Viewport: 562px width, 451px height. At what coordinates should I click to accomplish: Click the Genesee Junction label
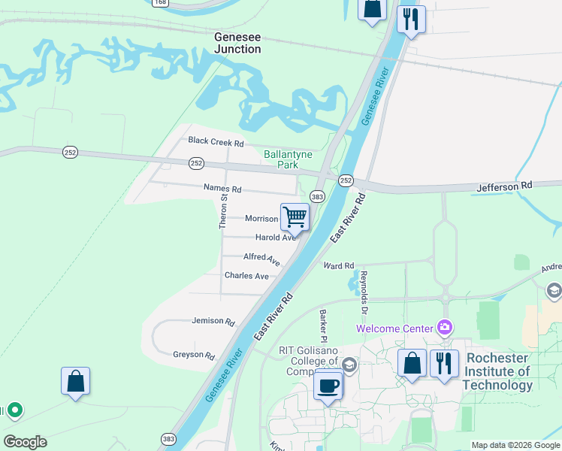tap(237, 42)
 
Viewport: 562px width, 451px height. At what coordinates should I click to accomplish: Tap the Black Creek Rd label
tap(216, 141)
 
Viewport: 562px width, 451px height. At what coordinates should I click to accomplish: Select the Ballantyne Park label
tap(281, 159)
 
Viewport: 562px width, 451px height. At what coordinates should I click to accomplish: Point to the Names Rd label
tap(222, 189)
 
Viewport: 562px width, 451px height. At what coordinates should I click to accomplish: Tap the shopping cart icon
tap(295, 216)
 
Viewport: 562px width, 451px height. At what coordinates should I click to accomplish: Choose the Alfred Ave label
tap(261, 259)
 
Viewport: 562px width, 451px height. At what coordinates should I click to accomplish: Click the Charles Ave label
tap(246, 276)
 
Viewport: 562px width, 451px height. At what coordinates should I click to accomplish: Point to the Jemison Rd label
tap(213, 321)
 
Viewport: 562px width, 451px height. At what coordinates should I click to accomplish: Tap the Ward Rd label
tap(338, 266)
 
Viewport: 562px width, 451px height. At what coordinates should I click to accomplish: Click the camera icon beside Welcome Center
tap(446, 328)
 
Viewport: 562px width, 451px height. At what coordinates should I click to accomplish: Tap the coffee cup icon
tap(328, 386)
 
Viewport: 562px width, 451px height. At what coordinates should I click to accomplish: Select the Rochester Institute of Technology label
tap(497, 371)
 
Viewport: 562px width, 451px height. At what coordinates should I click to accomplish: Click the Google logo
tap(25, 442)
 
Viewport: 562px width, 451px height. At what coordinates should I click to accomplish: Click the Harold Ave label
tap(276, 238)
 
